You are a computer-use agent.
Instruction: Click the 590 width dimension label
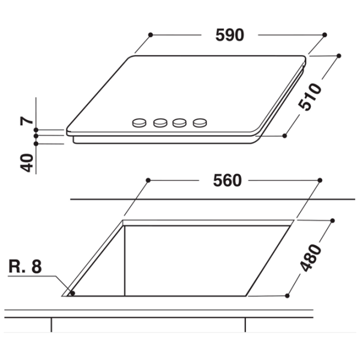point(230,35)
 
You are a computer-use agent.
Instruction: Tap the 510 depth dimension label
point(310,97)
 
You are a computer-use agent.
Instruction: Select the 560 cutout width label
point(227,181)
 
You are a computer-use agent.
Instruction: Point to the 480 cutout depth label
point(310,258)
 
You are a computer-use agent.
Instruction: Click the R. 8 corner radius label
point(25,266)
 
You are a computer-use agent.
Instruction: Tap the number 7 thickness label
point(27,121)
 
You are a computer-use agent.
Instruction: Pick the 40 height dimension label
point(27,163)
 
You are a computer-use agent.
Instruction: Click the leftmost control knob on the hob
point(139,122)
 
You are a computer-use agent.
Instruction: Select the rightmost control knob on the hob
point(200,122)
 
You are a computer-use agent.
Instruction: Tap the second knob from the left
point(160,122)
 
